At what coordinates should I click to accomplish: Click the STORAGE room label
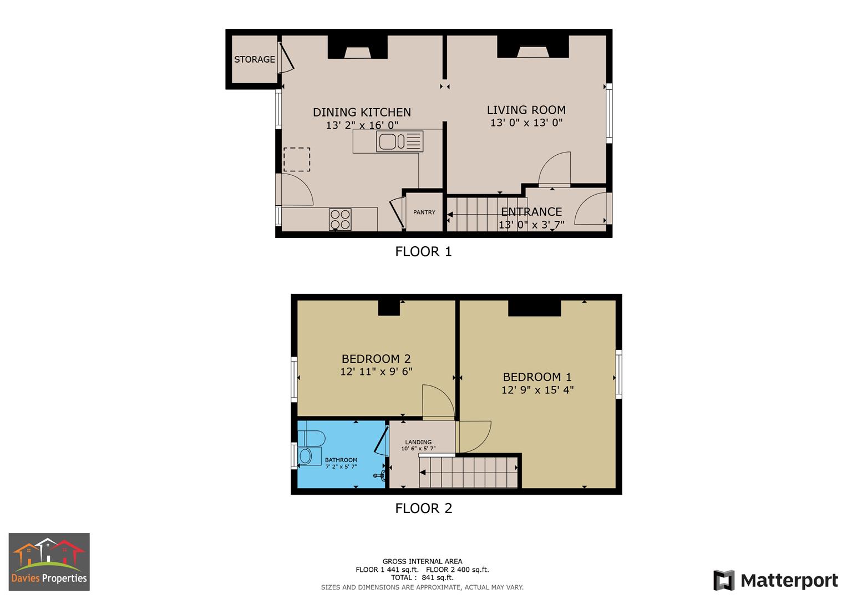tap(254, 59)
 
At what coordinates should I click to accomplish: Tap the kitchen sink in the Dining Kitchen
tap(400, 141)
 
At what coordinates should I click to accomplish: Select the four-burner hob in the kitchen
tap(340, 219)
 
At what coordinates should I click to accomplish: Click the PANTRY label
tap(424, 212)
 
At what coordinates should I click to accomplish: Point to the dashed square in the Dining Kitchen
tap(297, 160)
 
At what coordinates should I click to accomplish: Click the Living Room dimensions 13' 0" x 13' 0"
tap(526, 123)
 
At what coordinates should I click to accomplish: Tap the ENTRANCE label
tap(531, 212)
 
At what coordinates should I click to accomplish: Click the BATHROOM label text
tap(341, 460)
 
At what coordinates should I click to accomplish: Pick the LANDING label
tap(418, 442)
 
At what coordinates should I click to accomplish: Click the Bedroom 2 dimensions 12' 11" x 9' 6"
tap(376, 372)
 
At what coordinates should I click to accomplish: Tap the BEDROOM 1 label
tap(537, 377)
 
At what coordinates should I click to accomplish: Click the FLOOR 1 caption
tap(423, 252)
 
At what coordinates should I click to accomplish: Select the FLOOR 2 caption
tap(423, 508)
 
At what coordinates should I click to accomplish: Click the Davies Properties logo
tap(49, 561)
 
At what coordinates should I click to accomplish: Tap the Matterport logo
tap(775, 581)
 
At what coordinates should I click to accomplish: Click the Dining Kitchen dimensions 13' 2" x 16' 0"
tap(362, 126)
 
